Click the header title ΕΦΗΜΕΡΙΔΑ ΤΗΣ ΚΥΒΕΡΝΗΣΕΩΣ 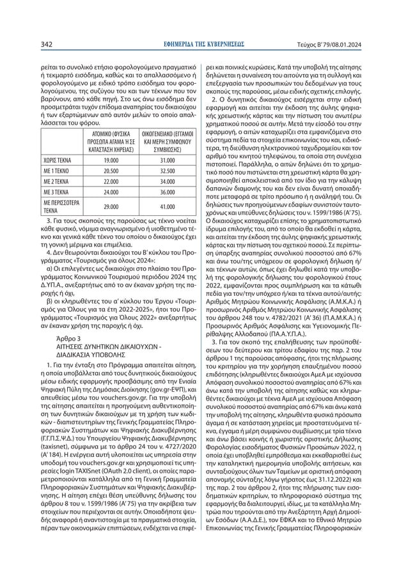204,45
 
